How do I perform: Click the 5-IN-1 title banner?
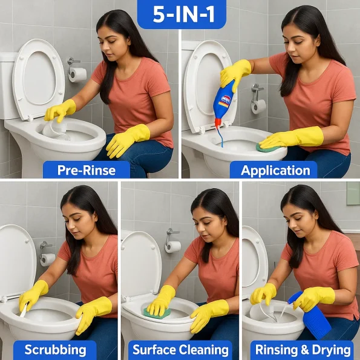[182, 14]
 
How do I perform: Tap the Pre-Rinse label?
[87, 170]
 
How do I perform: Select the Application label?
[275, 171]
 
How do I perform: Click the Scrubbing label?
[55, 350]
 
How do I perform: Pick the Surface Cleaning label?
[180, 350]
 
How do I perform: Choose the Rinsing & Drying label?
[303, 350]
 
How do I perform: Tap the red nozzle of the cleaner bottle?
[218, 123]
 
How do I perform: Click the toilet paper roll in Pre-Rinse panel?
[77, 74]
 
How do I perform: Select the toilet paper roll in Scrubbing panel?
[48, 260]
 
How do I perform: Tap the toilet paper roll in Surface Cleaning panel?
[173, 247]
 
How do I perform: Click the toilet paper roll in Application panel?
[258, 106]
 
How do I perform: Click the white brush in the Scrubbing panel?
[24, 310]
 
